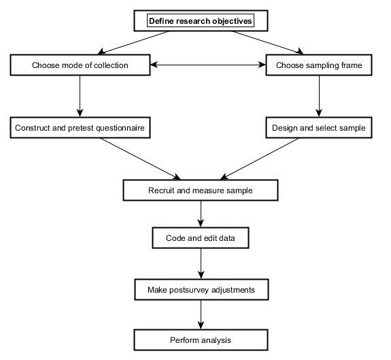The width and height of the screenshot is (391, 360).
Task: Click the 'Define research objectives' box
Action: pyautogui.click(x=201, y=20)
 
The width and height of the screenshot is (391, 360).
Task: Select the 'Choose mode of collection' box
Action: pyautogui.click(x=80, y=65)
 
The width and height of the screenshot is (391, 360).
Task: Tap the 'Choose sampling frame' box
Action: pyautogui.click(x=319, y=65)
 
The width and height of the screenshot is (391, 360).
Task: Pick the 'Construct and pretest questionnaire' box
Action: pyautogui.click(x=80, y=127)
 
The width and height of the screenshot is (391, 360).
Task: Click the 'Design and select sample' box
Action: pyautogui.click(x=319, y=127)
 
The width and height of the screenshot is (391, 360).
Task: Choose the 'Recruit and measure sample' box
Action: pyautogui.click(x=201, y=190)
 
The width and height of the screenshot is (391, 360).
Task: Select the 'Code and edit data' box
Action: pyautogui.click(x=201, y=238)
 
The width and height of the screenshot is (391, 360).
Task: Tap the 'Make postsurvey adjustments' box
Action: pyautogui.click(x=201, y=289)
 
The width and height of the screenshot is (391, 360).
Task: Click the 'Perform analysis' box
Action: pyautogui.click(x=201, y=340)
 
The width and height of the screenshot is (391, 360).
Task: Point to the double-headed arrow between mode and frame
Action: pyautogui.click(x=208, y=65)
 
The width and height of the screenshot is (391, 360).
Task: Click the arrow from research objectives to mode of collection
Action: pyautogui.click(x=134, y=42)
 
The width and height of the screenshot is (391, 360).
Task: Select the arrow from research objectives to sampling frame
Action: pyautogui.click(x=268, y=42)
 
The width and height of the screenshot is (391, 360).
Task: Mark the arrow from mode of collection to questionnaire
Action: pyautogui.click(x=80, y=96)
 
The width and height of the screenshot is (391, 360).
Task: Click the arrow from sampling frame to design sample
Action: pyautogui.click(x=319, y=96)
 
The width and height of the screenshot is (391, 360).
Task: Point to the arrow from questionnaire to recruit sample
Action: pyautogui.click(x=140, y=159)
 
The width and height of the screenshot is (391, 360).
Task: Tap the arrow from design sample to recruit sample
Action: pyautogui.click(x=259, y=159)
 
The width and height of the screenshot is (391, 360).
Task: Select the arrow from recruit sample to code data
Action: pyautogui.click(x=201, y=214)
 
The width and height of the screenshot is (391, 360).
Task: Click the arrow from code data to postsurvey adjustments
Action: pyautogui.click(x=201, y=263)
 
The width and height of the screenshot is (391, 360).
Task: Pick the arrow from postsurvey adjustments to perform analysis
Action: pyautogui.click(x=201, y=314)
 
